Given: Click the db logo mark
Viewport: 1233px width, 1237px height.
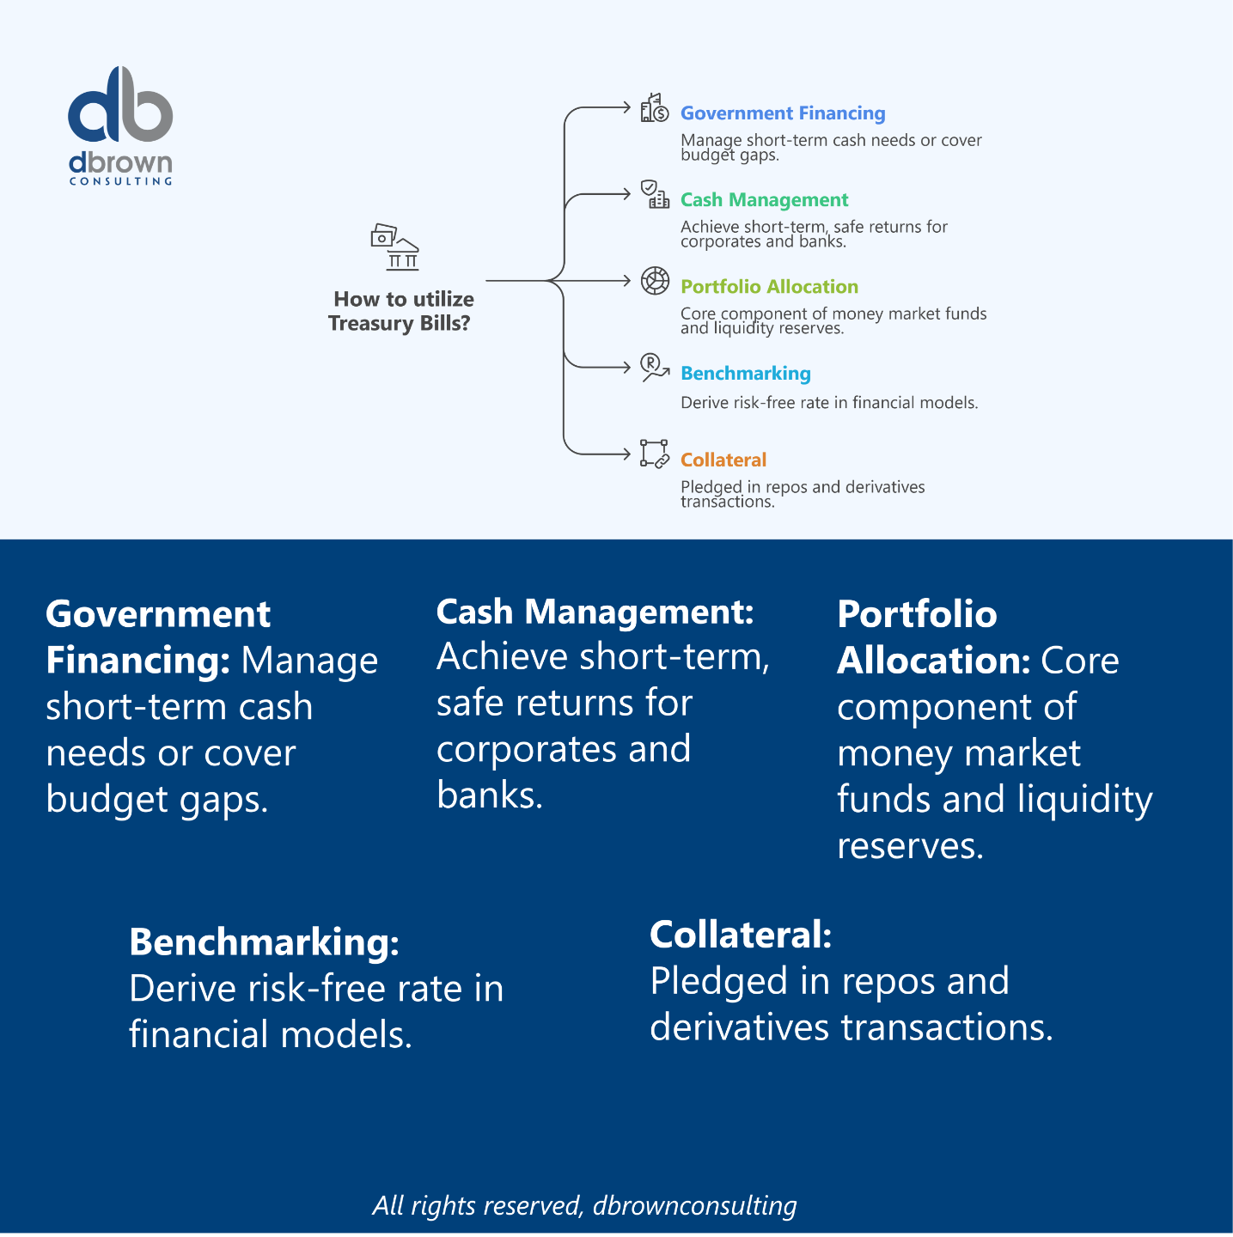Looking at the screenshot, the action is click(120, 104).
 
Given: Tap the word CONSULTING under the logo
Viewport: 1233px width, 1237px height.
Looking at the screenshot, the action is click(121, 181).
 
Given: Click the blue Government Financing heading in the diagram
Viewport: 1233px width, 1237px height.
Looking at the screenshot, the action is click(783, 113).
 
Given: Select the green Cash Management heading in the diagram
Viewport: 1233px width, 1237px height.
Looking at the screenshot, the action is click(764, 199).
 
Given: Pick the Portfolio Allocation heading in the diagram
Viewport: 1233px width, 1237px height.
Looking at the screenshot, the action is click(769, 286).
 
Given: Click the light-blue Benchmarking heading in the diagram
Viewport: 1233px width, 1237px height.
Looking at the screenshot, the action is click(746, 373).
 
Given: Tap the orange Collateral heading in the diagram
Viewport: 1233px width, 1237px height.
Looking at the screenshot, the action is click(723, 460).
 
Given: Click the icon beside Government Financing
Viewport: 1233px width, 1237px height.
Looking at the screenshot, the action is click(655, 107).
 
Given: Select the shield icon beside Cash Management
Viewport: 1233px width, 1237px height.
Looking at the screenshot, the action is click(655, 194).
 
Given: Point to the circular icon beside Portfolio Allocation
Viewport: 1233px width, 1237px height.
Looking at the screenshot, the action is click(655, 281).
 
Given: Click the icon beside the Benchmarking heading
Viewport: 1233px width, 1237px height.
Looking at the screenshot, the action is click(655, 368).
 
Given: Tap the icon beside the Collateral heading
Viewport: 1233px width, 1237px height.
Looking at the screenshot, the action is click(655, 454).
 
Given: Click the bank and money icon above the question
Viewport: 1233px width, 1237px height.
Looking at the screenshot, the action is click(395, 247).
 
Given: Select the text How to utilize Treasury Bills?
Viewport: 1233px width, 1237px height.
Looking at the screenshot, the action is click(400, 311).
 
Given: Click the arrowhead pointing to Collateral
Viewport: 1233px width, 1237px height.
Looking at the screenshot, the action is click(628, 454).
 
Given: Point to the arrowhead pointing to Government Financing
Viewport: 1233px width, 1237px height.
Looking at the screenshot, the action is click(628, 107).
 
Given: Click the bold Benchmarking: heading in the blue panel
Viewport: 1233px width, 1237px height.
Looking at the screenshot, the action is click(264, 942).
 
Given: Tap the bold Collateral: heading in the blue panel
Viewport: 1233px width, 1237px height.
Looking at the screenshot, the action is click(741, 935).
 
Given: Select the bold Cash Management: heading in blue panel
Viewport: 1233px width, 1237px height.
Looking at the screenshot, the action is click(595, 612).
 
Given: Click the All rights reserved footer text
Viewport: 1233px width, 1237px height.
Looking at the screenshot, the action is click(584, 1205).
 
